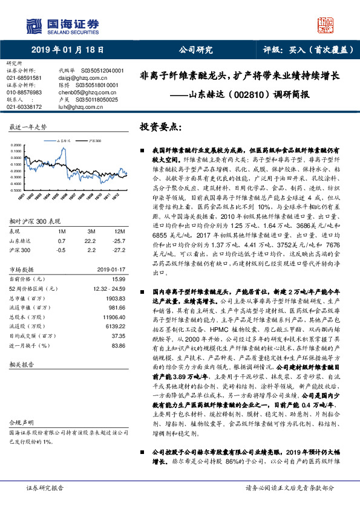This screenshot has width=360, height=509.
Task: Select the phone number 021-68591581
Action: pos(24,78)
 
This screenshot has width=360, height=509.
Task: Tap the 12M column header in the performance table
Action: pos(120,215)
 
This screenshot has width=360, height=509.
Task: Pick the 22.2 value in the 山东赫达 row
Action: pos(91,223)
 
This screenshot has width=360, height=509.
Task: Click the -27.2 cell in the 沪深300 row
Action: pos(119,232)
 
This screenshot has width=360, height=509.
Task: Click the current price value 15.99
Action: pos(119,262)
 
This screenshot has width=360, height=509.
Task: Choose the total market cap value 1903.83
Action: pos(115,281)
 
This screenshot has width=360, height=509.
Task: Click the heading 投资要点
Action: pos(160,127)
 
